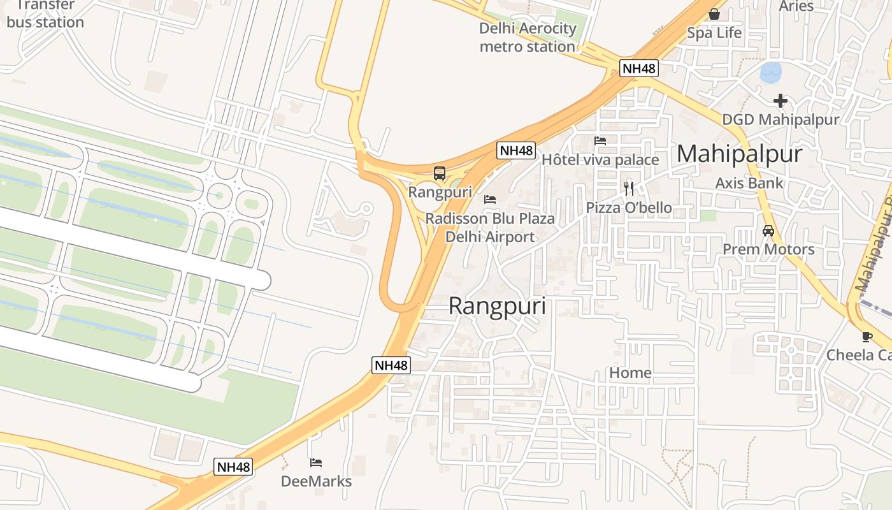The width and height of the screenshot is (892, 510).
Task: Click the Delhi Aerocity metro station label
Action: click(528, 38)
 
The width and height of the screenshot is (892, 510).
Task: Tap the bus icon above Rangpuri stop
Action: click(440, 173)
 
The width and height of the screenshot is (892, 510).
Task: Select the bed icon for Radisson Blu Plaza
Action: click(490, 200)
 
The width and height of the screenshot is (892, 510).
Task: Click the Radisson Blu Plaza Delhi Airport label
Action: click(490, 228)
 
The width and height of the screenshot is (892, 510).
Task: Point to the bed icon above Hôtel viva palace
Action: click(600, 141)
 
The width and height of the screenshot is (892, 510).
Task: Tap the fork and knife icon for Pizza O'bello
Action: click(629, 188)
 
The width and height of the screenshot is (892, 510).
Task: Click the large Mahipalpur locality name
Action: click(739, 154)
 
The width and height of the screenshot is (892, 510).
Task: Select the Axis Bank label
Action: click(749, 183)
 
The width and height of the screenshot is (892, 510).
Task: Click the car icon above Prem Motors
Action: click(768, 231)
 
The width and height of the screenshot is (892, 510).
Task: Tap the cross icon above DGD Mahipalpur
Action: click(780, 100)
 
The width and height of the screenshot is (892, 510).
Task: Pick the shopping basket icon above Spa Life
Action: click(714, 14)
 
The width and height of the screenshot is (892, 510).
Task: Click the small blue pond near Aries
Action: click(770, 72)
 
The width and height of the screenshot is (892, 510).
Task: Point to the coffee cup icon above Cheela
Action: click(867, 336)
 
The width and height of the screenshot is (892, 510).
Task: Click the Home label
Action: click(630, 372)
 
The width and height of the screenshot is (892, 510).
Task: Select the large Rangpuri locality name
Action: click(497, 306)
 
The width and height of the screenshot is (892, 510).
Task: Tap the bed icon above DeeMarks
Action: click(316, 462)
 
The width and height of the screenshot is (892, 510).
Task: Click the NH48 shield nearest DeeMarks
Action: click(234, 467)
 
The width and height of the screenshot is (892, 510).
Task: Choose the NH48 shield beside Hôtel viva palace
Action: click(516, 150)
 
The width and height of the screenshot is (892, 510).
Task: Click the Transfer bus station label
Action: click(45, 14)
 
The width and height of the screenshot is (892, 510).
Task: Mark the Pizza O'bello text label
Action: click(629, 208)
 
